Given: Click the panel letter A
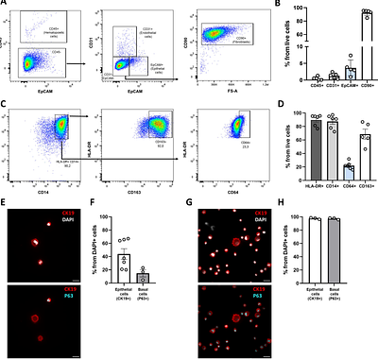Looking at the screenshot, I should [x=5, y=5].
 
